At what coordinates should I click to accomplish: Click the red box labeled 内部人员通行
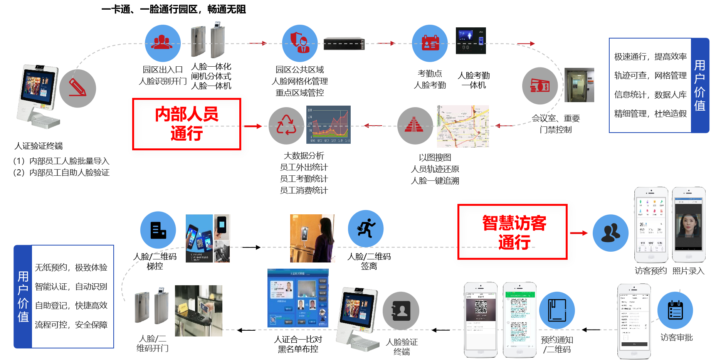(187, 124)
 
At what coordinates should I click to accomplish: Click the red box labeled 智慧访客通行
(512, 232)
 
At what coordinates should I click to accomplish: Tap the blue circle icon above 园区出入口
(163, 43)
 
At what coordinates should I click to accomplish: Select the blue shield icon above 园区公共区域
(300, 43)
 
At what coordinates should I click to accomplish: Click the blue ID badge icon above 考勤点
(430, 43)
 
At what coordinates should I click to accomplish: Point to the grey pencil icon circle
(78, 88)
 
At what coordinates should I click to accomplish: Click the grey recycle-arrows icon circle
(286, 126)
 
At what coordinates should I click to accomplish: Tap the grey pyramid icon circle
(415, 126)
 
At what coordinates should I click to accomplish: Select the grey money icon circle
(540, 86)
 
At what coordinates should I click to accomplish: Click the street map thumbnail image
(463, 126)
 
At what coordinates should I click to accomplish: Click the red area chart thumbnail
(328, 124)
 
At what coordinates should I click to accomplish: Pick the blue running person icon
(366, 229)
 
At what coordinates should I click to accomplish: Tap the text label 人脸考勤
(430, 85)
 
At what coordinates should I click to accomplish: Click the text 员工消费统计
(304, 190)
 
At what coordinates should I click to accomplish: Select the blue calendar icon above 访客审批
(675, 310)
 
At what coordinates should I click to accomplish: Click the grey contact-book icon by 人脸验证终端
(401, 311)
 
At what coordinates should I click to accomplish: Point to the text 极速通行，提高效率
(650, 57)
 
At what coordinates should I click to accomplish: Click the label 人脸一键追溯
(435, 181)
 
